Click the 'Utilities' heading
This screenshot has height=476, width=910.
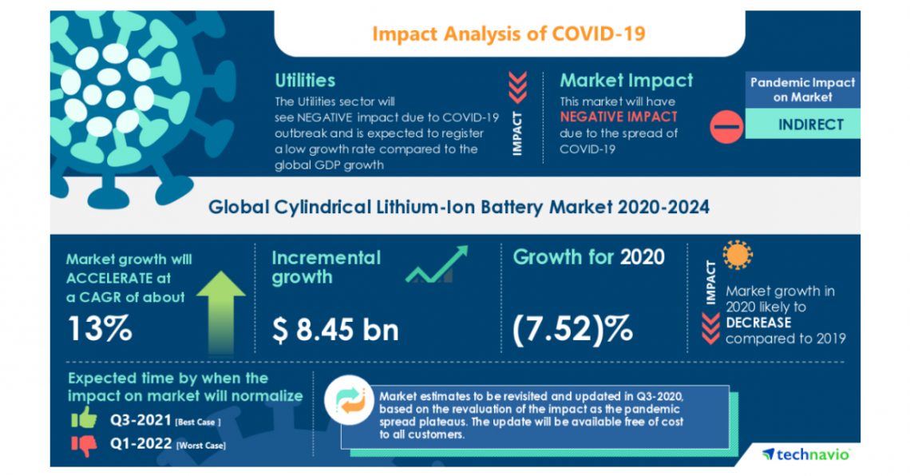pyautogui.click(x=305, y=81)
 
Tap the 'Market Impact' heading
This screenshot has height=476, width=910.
pyautogui.click(x=626, y=81)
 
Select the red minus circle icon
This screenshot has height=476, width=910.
pyautogui.click(x=726, y=126)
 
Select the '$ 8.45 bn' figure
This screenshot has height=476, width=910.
pyautogui.click(x=335, y=328)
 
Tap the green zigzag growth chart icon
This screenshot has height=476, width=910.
pyautogui.click(x=437, y=266)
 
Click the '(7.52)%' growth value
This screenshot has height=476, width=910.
pyautogui.click(x=573, y=328)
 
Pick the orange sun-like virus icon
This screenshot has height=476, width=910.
pyautogui.click(x=738, y=256)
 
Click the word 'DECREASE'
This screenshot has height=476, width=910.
pyautogui.click(x=758, y=323)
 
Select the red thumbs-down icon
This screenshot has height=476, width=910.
pyautogui.click(x=83, y=444)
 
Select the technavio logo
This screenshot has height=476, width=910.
pyautogui.click(x=805, y=454)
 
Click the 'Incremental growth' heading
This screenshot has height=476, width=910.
pyautogui.click(x=326, y=268)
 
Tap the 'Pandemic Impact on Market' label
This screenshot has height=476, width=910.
pyautogui.click(x=801, y=89)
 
